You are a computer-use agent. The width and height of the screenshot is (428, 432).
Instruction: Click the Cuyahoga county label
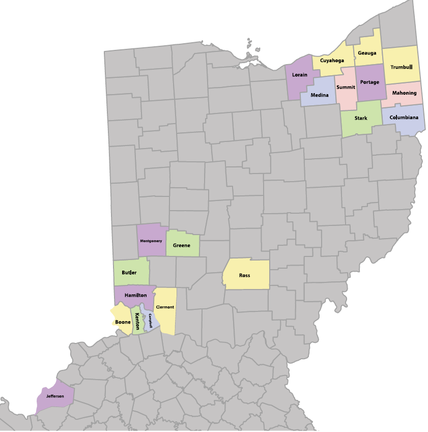[332, 61]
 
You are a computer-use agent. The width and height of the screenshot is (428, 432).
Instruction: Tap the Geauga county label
[367, 53]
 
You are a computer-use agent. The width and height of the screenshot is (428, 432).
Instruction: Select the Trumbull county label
[401, 67]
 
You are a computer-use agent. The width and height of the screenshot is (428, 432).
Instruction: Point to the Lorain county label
[299, 75]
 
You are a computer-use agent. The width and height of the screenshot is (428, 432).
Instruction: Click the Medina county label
[320, 95]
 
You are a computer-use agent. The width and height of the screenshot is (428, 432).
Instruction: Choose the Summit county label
[346, 88]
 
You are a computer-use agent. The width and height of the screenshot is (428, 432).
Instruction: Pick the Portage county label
[369, 82]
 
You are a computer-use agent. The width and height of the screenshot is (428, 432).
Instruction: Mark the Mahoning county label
[404, 93]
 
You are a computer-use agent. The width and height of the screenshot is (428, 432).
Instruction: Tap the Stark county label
[361, 118]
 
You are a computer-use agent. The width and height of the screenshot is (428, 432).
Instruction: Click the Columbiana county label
[404, 118]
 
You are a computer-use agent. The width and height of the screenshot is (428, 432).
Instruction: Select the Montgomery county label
[151, 241]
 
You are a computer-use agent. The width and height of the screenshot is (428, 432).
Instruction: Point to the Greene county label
[182, 246]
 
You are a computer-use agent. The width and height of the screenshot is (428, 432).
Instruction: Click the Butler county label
[129, 273]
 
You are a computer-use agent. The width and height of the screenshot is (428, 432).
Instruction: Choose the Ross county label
[244, 275]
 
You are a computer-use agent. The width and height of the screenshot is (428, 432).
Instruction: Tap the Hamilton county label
[136, 295]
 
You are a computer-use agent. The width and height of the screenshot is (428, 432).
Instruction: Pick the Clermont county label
[165, 307]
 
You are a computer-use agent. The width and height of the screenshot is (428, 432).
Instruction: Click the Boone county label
[123, 322]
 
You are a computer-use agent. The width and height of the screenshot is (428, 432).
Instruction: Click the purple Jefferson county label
[55, 396]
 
